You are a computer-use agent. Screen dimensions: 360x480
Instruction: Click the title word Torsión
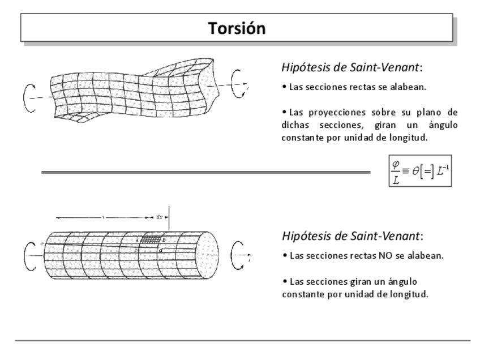coord(237,28)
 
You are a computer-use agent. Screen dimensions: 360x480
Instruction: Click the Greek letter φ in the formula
coord(395,164)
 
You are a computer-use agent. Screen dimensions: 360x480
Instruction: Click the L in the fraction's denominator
coord(395,181)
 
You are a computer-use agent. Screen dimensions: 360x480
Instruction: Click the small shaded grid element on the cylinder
coord(150,240)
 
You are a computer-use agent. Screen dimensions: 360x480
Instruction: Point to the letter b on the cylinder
coord(164,240)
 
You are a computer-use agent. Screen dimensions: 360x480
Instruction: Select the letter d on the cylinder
coord(161,250)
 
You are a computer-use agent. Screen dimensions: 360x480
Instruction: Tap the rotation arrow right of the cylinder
coord(238,255)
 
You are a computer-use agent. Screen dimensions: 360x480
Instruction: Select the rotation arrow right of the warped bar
coord(238,84)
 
